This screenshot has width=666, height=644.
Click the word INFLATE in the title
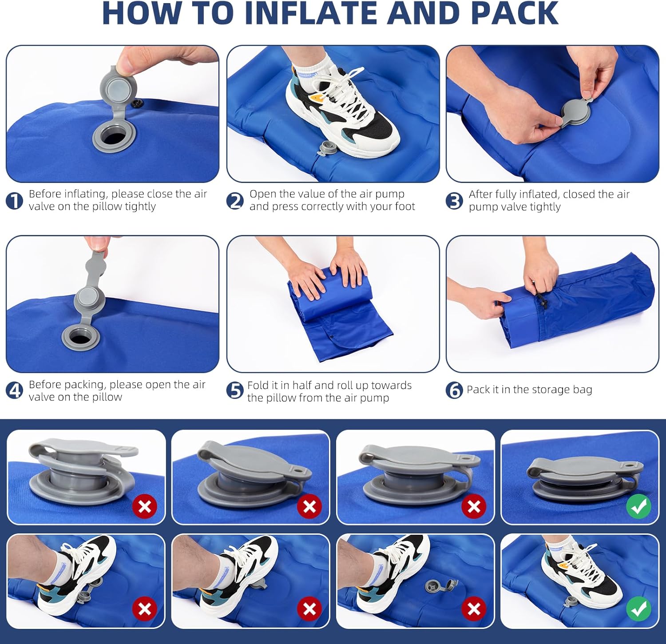[x=313, y=13]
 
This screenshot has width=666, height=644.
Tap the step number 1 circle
[x=14, y=201]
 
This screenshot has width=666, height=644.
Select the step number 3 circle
[x=454, y=201]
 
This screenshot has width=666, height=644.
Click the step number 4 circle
[x=14, y=391]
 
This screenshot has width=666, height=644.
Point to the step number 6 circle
[x=454, y=390]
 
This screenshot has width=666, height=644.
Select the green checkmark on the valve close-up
[x=638, y=506]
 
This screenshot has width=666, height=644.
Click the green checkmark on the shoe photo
[x=638, y=609]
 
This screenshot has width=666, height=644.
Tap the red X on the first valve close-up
[x=145, y=506]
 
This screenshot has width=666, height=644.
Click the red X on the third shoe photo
[x=474, y=609]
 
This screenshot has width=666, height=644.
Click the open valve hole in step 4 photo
[x=80, y=337]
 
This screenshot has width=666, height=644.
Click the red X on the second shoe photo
[x=309, y=609]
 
